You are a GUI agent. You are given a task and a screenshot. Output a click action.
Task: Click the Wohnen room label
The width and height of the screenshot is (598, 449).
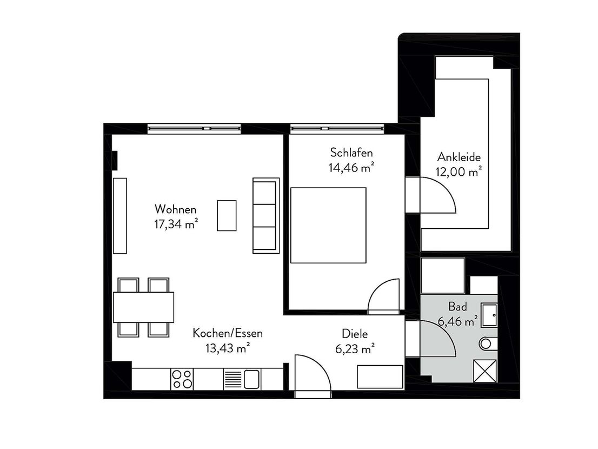(x=175, y=209)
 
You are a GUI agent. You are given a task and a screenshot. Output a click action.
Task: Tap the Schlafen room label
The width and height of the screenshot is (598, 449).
(x=351, y=153)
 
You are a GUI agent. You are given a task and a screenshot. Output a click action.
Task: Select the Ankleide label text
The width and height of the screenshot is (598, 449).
(x=459, y=157)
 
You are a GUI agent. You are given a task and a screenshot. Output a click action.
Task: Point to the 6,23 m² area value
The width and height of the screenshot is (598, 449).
(x=355, y=349)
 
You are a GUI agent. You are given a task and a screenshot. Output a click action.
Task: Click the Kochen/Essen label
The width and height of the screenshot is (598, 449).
(x=228, y=333)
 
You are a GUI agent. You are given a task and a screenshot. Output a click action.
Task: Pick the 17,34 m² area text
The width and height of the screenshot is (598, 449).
(x=176, y=224)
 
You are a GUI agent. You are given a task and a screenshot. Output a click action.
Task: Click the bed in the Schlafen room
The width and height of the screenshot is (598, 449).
(x=328, y=225)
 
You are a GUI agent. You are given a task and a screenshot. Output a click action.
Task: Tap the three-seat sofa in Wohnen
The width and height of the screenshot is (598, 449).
(x=266, y=215)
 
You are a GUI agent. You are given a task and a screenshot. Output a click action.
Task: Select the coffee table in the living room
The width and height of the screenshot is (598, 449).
(x=227, y=215)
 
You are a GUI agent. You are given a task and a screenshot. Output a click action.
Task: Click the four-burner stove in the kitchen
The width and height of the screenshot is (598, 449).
(x=182, y=379)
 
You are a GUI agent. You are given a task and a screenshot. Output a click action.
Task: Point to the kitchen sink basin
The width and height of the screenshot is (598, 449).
(x=252, y=379)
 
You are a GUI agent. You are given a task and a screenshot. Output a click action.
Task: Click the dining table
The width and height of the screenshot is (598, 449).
(x=143, y=307)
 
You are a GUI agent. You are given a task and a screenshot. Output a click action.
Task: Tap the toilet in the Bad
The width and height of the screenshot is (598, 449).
(x=488, y=344)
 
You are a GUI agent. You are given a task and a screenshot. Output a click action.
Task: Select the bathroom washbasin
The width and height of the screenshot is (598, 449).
(x=489, y=315)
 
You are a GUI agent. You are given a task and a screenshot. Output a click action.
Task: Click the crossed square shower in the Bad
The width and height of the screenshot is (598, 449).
(x=485, y=371)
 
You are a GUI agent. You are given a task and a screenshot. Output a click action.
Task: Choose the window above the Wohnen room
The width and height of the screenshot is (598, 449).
(x=194, y=129)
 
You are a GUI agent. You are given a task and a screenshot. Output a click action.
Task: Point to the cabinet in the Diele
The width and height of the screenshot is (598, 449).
(x=380, y=377)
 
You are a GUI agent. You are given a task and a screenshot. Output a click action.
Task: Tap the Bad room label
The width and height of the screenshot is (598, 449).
(x=457, y=306)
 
